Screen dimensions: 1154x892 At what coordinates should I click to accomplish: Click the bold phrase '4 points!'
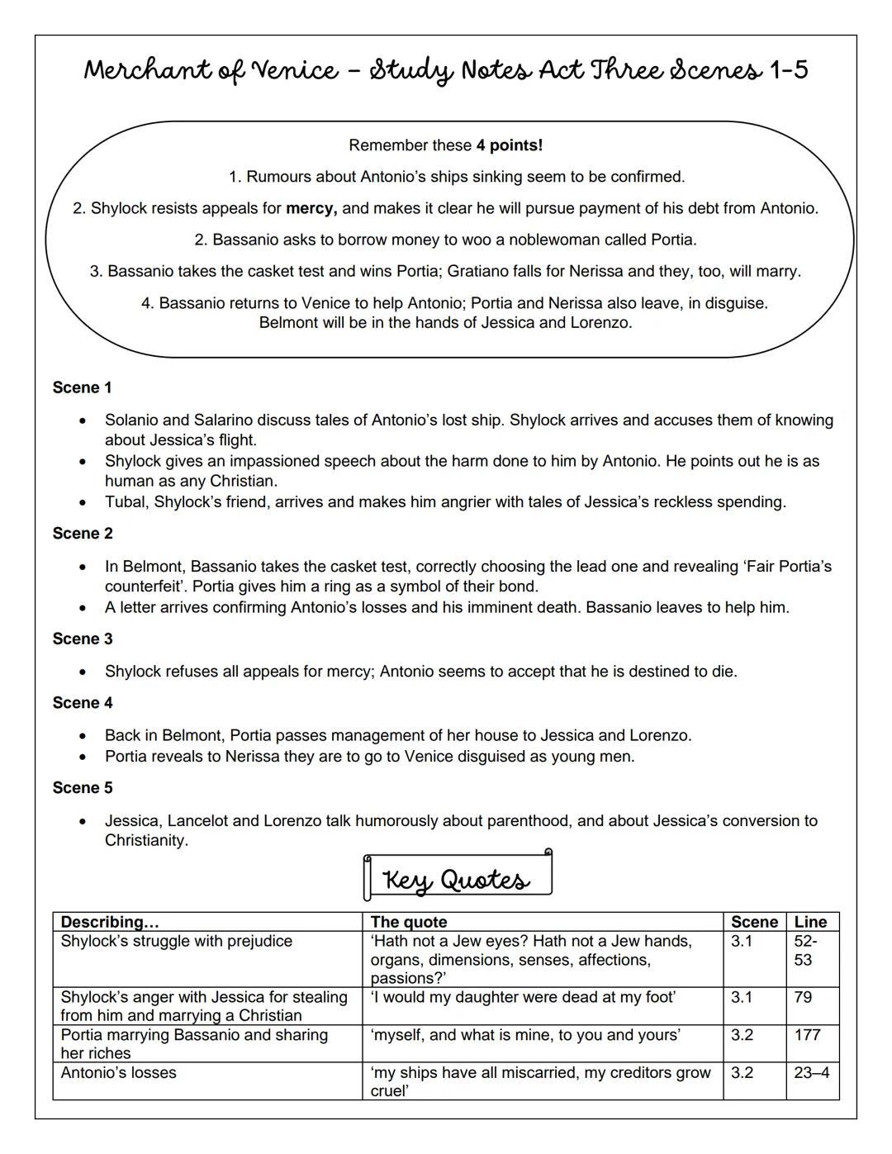pos(510,145)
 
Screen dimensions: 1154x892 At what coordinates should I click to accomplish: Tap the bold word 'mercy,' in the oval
pos(311,208)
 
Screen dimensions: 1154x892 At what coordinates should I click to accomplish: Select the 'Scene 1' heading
pos(82,387)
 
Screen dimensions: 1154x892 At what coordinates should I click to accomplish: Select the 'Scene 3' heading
pos(82,639)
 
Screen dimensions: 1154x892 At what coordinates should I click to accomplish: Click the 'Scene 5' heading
pos(82,787)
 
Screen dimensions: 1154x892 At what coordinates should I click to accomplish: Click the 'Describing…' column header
pos(110,922)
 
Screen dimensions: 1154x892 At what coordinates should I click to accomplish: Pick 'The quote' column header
pos(409,922)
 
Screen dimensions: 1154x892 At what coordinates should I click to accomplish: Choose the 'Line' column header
pos(810,922)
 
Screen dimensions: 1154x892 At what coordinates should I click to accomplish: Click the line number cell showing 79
pos(803,997)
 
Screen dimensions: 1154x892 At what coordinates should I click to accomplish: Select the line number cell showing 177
pos(808,1035)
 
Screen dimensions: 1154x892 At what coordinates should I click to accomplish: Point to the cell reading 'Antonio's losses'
pos(118,1073)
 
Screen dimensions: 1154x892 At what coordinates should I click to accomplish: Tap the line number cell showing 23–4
pos(812,1073)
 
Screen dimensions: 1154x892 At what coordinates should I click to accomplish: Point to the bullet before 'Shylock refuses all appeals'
pos(83,672)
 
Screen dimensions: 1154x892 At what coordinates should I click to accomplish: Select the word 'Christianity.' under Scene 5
pos(146,840)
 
